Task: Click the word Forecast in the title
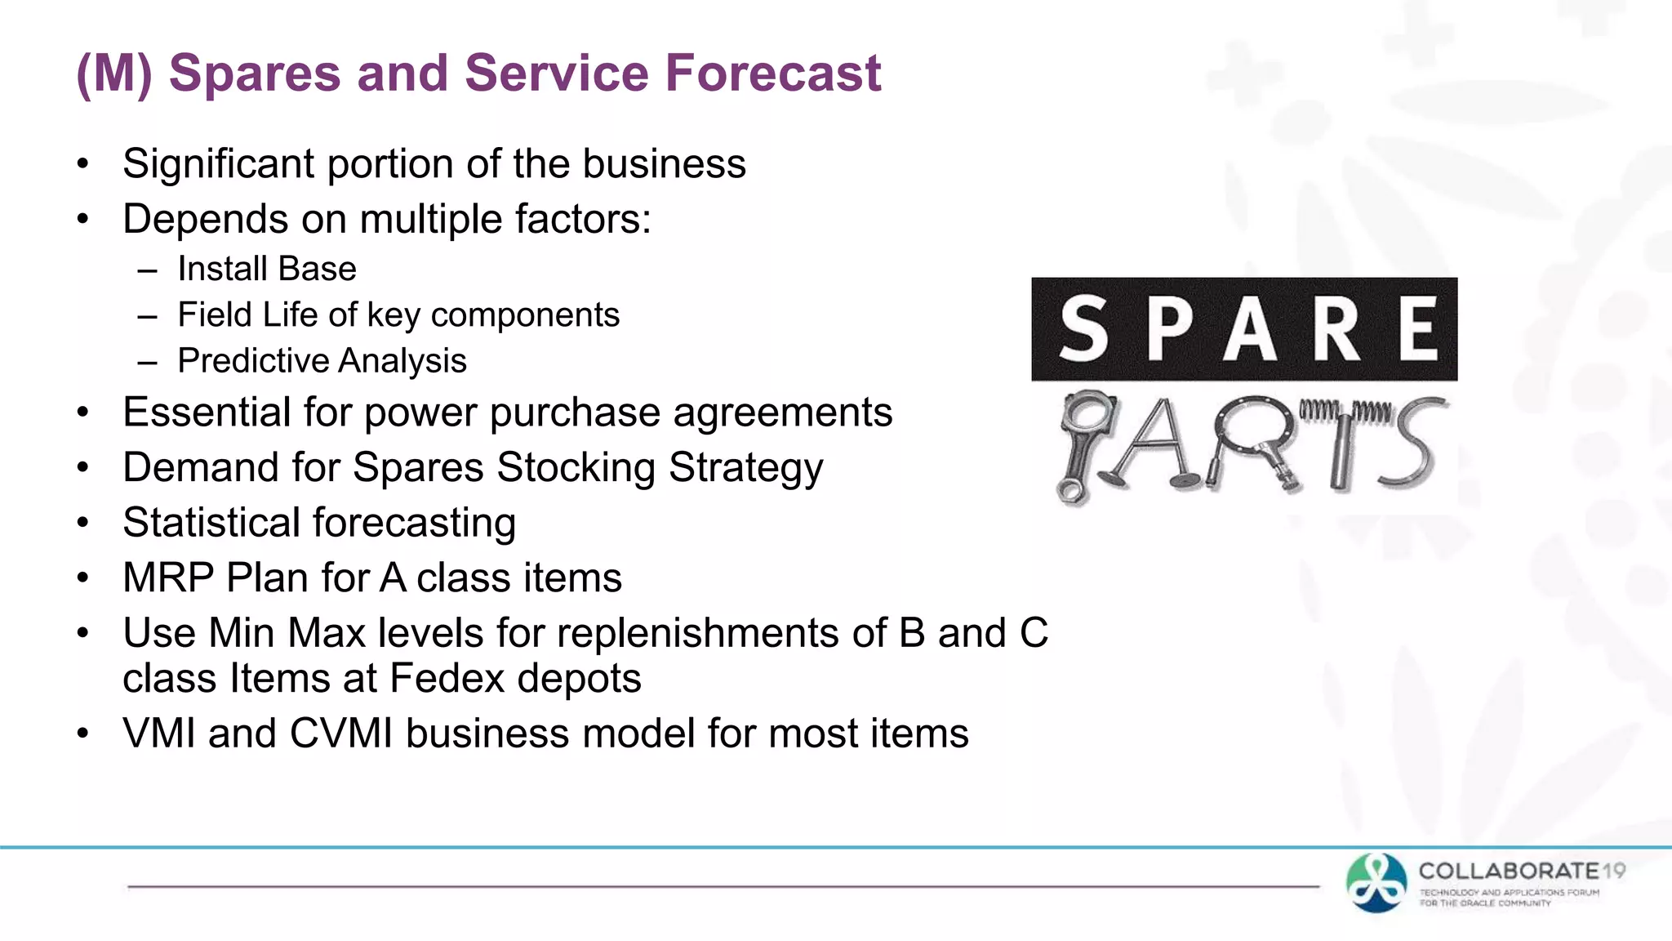(773, 73)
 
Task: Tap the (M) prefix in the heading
(114, 73)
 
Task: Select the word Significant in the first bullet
(218, 164)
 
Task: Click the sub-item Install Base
(267, 269)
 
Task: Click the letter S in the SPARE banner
(1084, 329)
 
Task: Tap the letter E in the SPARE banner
(1419, 329)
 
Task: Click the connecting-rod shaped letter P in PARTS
(1079, 445)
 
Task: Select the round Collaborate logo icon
(1376, 882)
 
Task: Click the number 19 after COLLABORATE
(1613, 871)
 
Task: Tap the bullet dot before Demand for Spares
(82, 468)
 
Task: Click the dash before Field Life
(147, 315)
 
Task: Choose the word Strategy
(745, 468)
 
